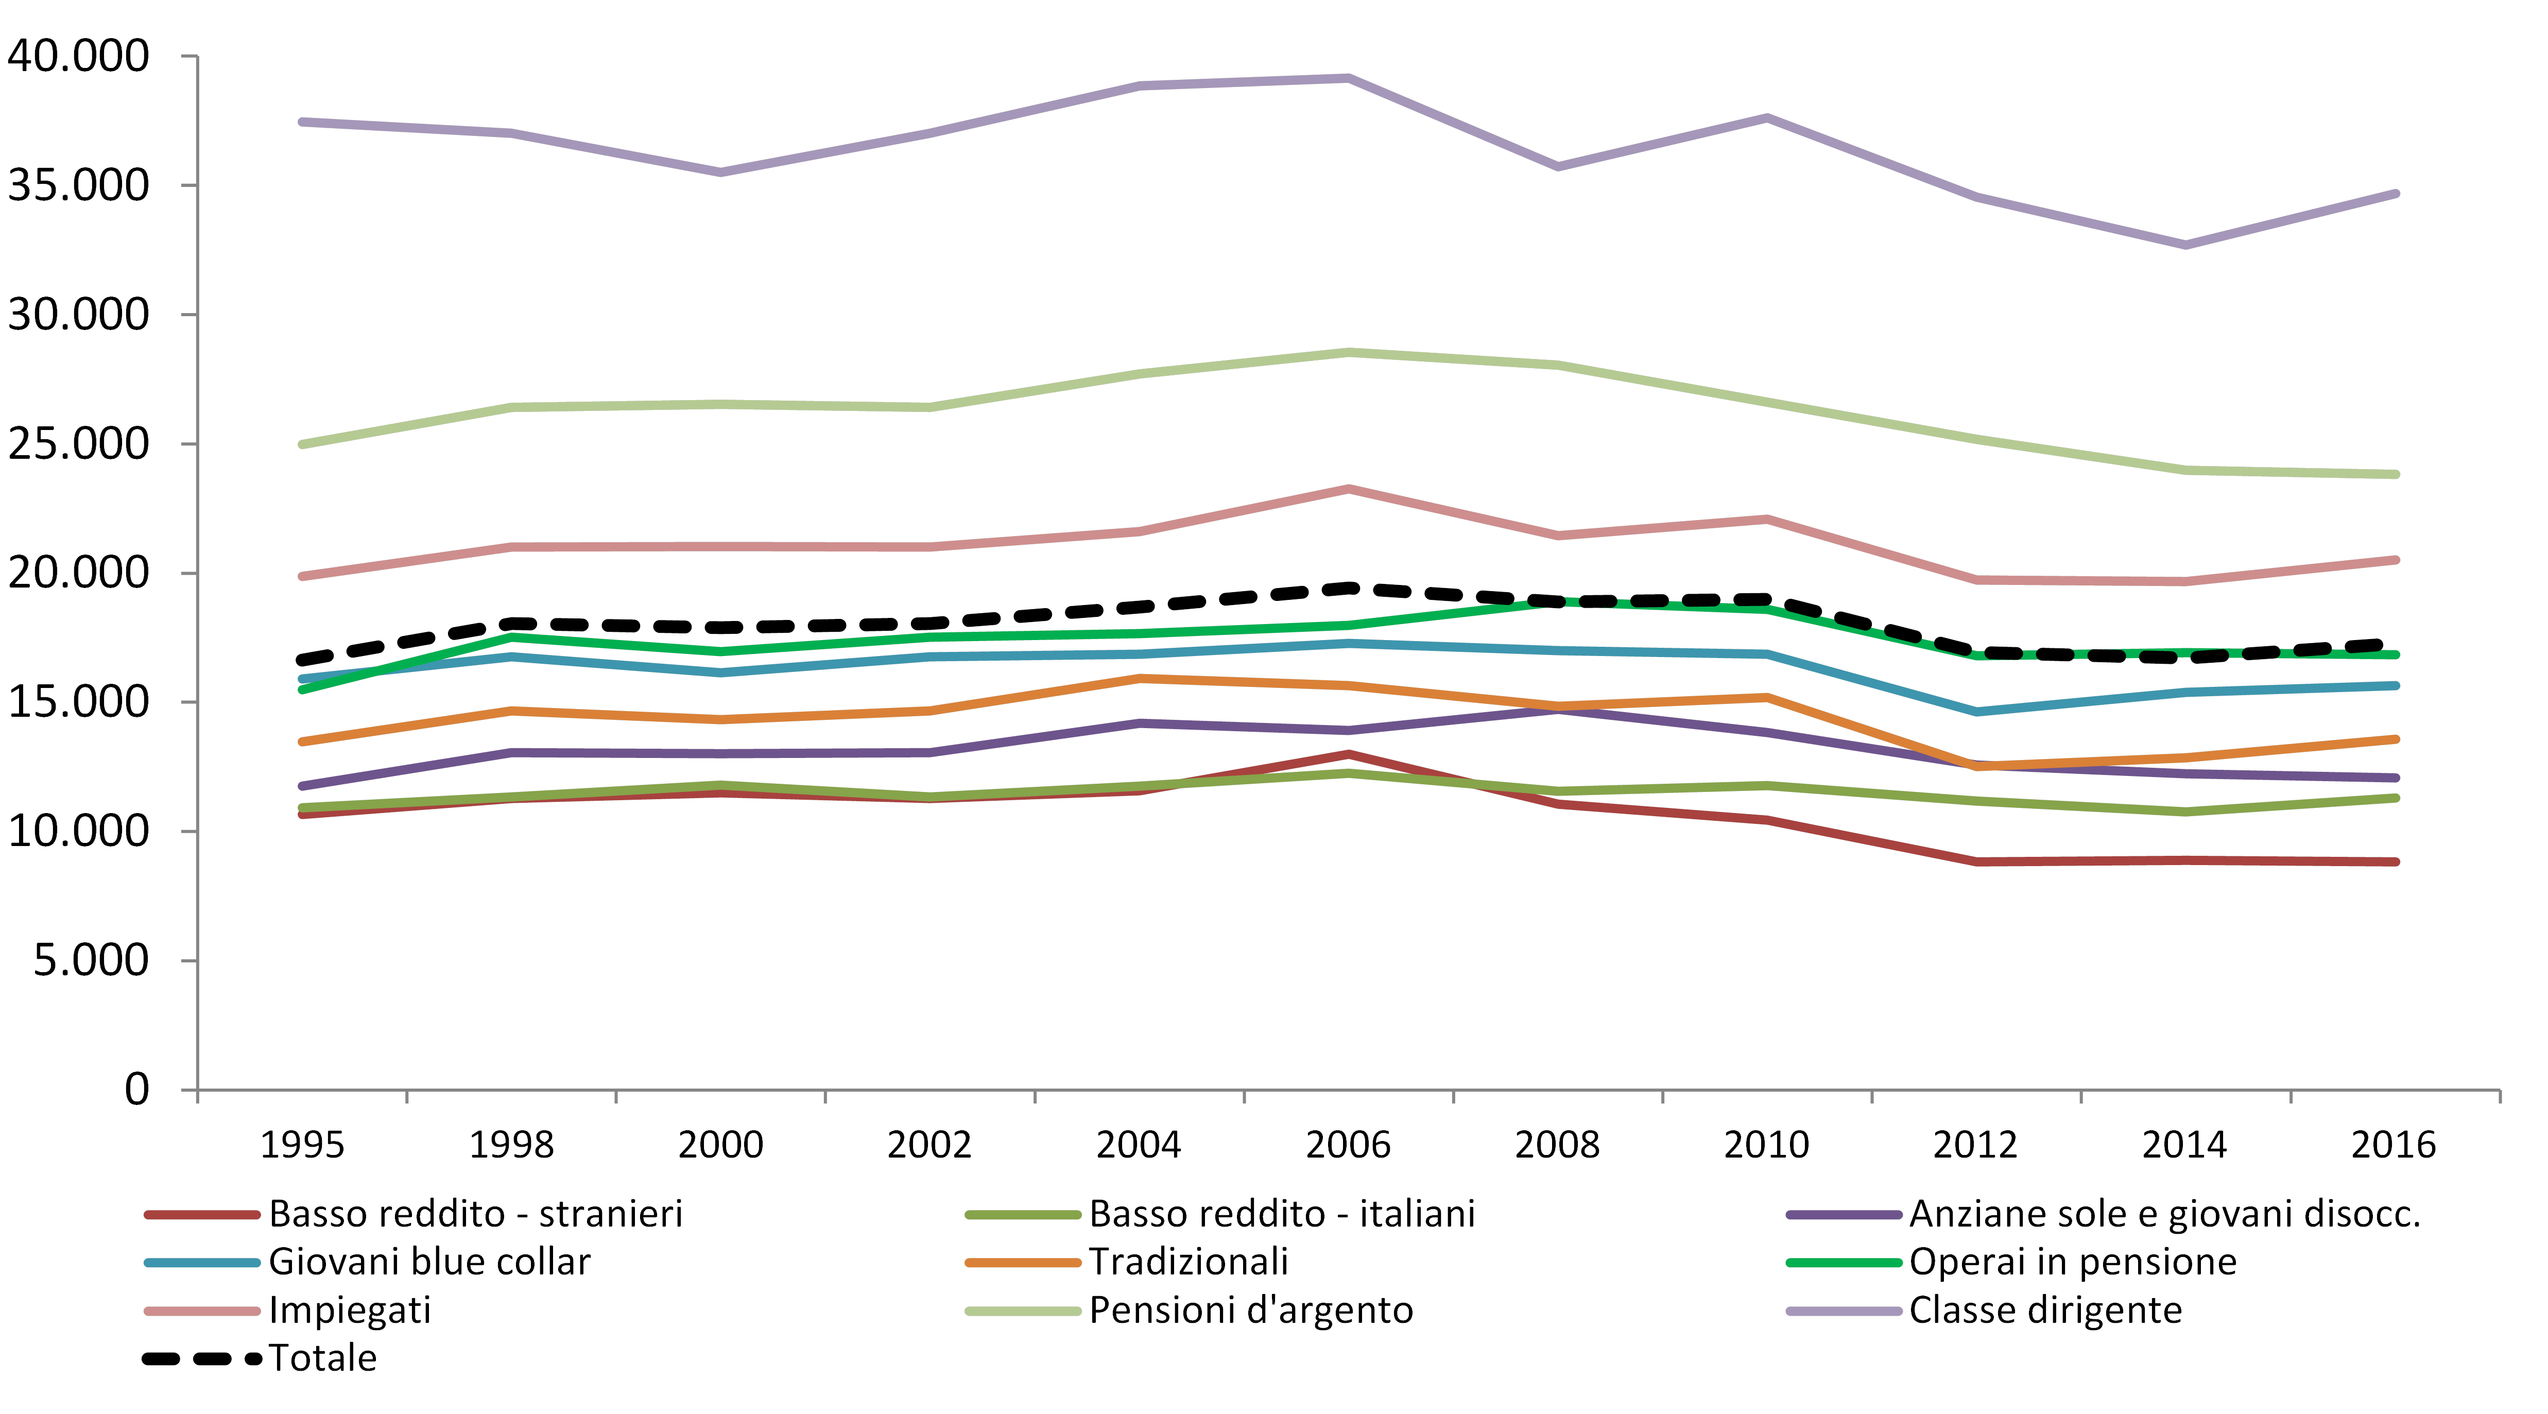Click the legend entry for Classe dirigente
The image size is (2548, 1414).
point(2044,1310)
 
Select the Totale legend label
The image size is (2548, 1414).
point(322,1358)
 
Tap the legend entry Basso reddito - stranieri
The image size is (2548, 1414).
point(475,1213)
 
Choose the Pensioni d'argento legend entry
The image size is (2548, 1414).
point(1250,1310)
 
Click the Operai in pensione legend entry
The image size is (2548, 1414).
point(2072,1262)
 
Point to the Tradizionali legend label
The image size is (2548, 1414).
point(1188,1262)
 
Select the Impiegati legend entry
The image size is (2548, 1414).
point(349,1310)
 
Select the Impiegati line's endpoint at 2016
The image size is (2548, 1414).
point(2394,560)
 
